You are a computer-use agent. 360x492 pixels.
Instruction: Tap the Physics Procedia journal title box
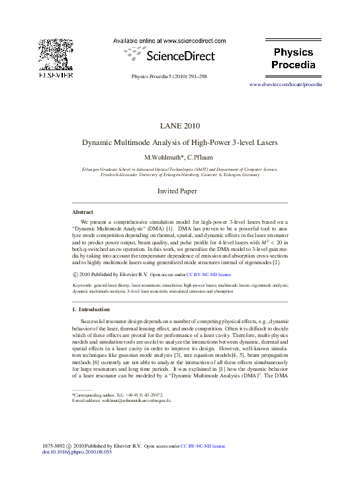point(293,58)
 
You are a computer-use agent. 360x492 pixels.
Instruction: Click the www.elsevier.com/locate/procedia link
point(285,85)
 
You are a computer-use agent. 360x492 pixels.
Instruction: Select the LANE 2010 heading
point(179,126)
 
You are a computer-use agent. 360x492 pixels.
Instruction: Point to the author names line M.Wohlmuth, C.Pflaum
point(179,158)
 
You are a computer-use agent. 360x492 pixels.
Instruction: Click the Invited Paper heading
point(179,191)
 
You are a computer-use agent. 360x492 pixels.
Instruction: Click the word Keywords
point(83,284)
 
